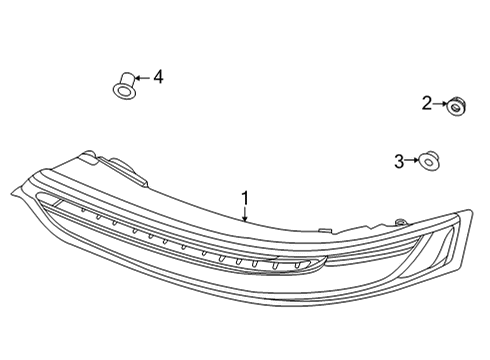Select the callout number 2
426,102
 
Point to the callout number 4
156,76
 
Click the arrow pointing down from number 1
243,212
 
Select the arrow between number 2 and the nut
440,102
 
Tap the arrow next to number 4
140,76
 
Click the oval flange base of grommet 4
124,92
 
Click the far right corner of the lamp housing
469,212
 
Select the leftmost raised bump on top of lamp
90,157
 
